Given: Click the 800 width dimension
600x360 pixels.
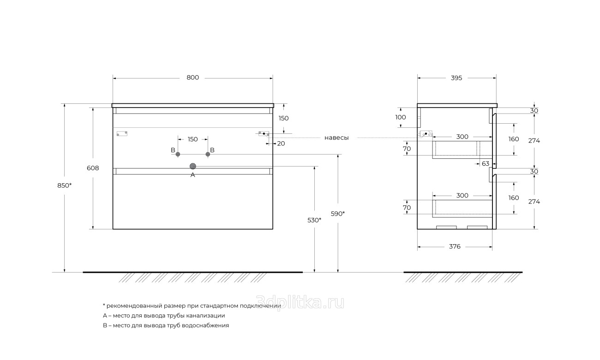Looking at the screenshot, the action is tap(192, 78).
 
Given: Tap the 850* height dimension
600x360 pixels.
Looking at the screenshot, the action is tap(65, 186).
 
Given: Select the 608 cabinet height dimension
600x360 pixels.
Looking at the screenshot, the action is tap(93, 168).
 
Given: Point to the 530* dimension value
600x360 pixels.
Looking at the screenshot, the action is tap(314, 220).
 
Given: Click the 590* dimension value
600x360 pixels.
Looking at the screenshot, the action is tap(338, 214).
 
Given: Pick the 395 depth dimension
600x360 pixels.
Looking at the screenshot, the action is tap(456, 78).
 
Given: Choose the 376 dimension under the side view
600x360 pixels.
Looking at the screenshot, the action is tap(455, 246).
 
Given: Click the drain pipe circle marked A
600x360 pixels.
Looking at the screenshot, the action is tap(193, 166).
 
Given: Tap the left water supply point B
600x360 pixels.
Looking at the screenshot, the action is tap(178, 154).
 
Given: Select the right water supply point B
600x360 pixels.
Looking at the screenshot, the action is tap(208, 154).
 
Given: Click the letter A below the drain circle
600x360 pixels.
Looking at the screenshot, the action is tap(192, 175).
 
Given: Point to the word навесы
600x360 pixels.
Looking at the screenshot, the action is tap(336, 138).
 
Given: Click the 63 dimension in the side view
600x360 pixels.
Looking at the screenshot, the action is tap(486, 163).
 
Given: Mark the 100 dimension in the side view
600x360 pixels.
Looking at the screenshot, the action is tap(401, 117).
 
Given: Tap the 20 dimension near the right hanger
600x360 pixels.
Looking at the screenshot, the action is tap(281, 144).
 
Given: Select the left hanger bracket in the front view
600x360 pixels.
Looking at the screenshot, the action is tap(122, 133).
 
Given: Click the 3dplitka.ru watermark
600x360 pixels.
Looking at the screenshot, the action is tap(300, 303).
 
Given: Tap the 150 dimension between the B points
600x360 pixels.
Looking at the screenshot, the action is tap(192, 139).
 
